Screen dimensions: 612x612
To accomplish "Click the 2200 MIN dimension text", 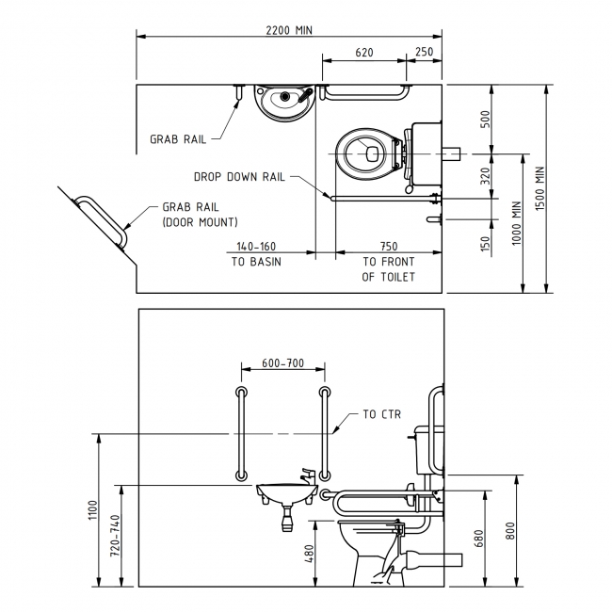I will tap(289, 29).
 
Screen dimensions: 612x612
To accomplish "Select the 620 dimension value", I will tap(364, 53).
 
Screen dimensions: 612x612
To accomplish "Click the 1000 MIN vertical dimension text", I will tap(516, 222).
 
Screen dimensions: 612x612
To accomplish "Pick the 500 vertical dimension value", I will tap(486, 120).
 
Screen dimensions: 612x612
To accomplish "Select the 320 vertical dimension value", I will tap(486, 176).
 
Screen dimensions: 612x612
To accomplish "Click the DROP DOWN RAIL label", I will tap(239, 176).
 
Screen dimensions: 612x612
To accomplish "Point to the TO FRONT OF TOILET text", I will tap(388, 269).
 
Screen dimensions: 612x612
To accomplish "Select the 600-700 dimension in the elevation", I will tap(282, 362).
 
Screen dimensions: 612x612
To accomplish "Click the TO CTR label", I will tap(382, 413).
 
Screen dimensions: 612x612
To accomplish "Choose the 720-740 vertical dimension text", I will tap(115, 537).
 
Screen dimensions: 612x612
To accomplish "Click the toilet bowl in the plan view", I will tap(367, 153).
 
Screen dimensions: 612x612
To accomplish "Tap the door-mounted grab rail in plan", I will tap(101, 220).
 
